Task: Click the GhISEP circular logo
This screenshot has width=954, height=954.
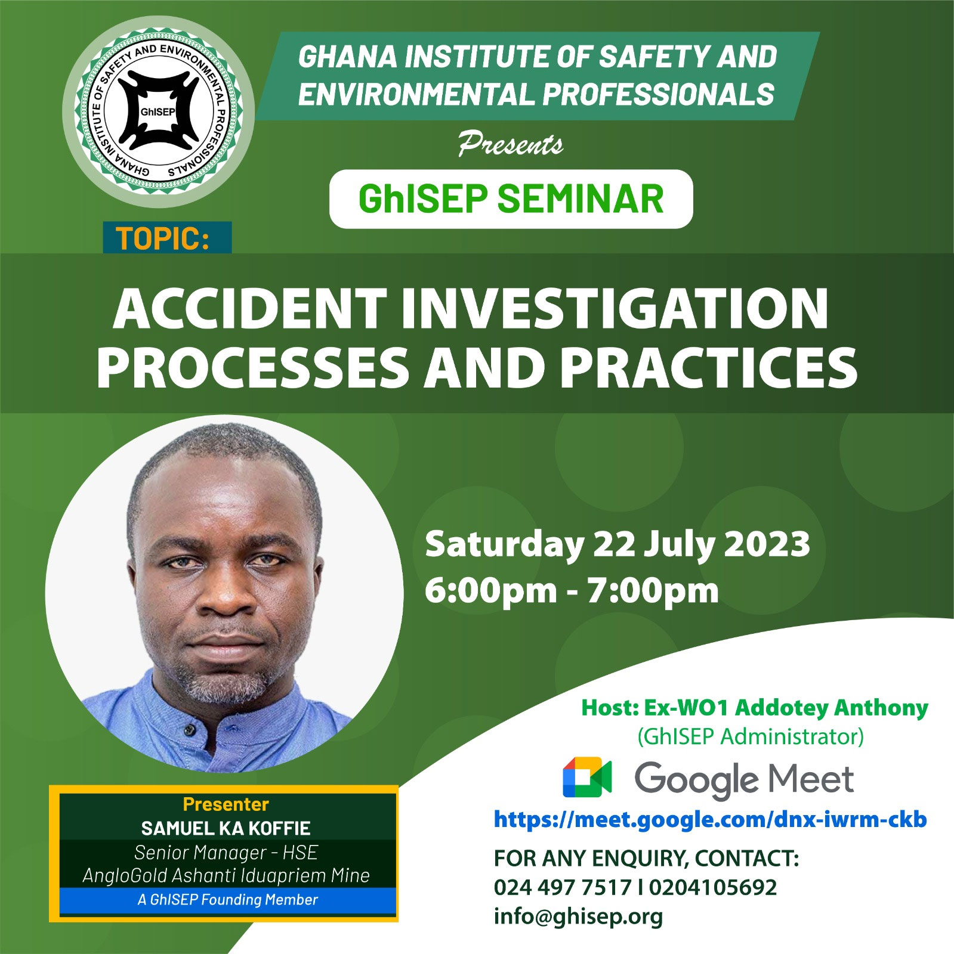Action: click(159, 111)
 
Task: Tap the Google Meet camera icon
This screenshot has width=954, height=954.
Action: click(587, 778)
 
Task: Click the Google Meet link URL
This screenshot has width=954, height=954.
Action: click(710, 820)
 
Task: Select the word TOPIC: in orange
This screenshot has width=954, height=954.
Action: click(162, 238)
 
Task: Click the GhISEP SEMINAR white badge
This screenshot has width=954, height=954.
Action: click(511, 199)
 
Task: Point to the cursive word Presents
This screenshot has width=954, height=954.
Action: click(510, 144)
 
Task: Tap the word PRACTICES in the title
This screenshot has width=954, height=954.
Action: click(709, 367)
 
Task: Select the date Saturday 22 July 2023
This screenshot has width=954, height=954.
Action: click(617, 544)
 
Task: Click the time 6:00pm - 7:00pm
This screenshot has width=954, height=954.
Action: click(572, 590)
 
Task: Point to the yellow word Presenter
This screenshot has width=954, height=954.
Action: click(226, 804)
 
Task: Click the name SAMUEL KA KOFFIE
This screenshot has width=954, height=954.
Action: click(226, 828)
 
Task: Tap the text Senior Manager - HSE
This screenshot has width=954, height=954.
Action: click(226, 853)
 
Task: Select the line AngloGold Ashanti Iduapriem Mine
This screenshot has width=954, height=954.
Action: click(226, 875)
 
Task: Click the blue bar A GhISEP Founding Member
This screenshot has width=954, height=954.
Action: click(228, 900)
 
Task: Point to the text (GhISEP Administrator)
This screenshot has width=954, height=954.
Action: click(751, 737)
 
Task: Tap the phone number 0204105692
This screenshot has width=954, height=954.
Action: click(713, 887)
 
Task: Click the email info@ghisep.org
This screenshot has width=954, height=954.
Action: click(578, 916)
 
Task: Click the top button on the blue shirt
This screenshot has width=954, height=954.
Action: click(189, 728)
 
